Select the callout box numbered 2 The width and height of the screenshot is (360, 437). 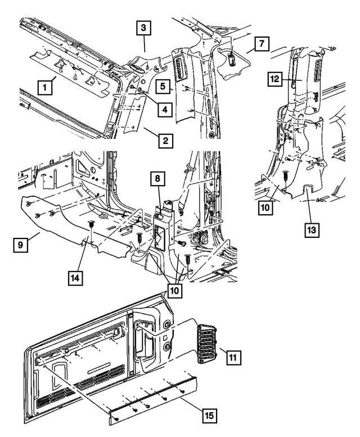coord(164,140)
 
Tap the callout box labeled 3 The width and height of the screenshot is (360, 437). coord(143,28)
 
